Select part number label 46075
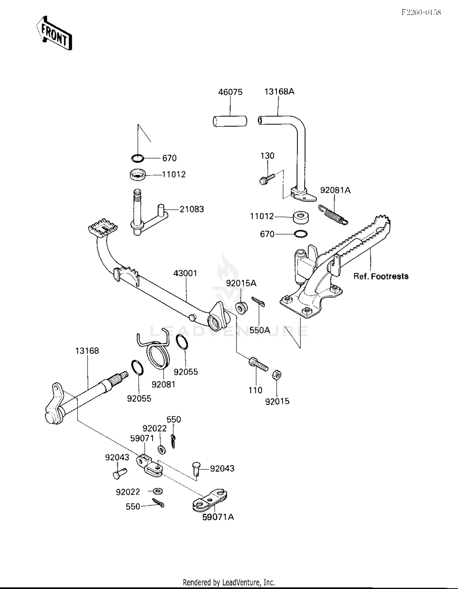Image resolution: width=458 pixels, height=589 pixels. click(230, 92)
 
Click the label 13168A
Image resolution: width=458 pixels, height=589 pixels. click(279, 92)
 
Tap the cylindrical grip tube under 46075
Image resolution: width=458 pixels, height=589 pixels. click(230, 121)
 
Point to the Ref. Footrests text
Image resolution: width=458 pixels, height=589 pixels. click(380, 276)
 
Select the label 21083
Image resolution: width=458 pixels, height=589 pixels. click(191, 209)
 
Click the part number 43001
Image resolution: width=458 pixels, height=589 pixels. click(185, 273)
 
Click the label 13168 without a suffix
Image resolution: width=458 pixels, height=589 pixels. click(87, 351)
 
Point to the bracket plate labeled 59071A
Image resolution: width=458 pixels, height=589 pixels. click(210, 501)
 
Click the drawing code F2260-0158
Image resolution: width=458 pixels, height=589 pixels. click(421, 12)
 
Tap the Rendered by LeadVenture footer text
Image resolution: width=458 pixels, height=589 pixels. click(229, 582)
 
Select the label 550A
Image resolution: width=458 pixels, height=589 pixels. click(260, 330)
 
